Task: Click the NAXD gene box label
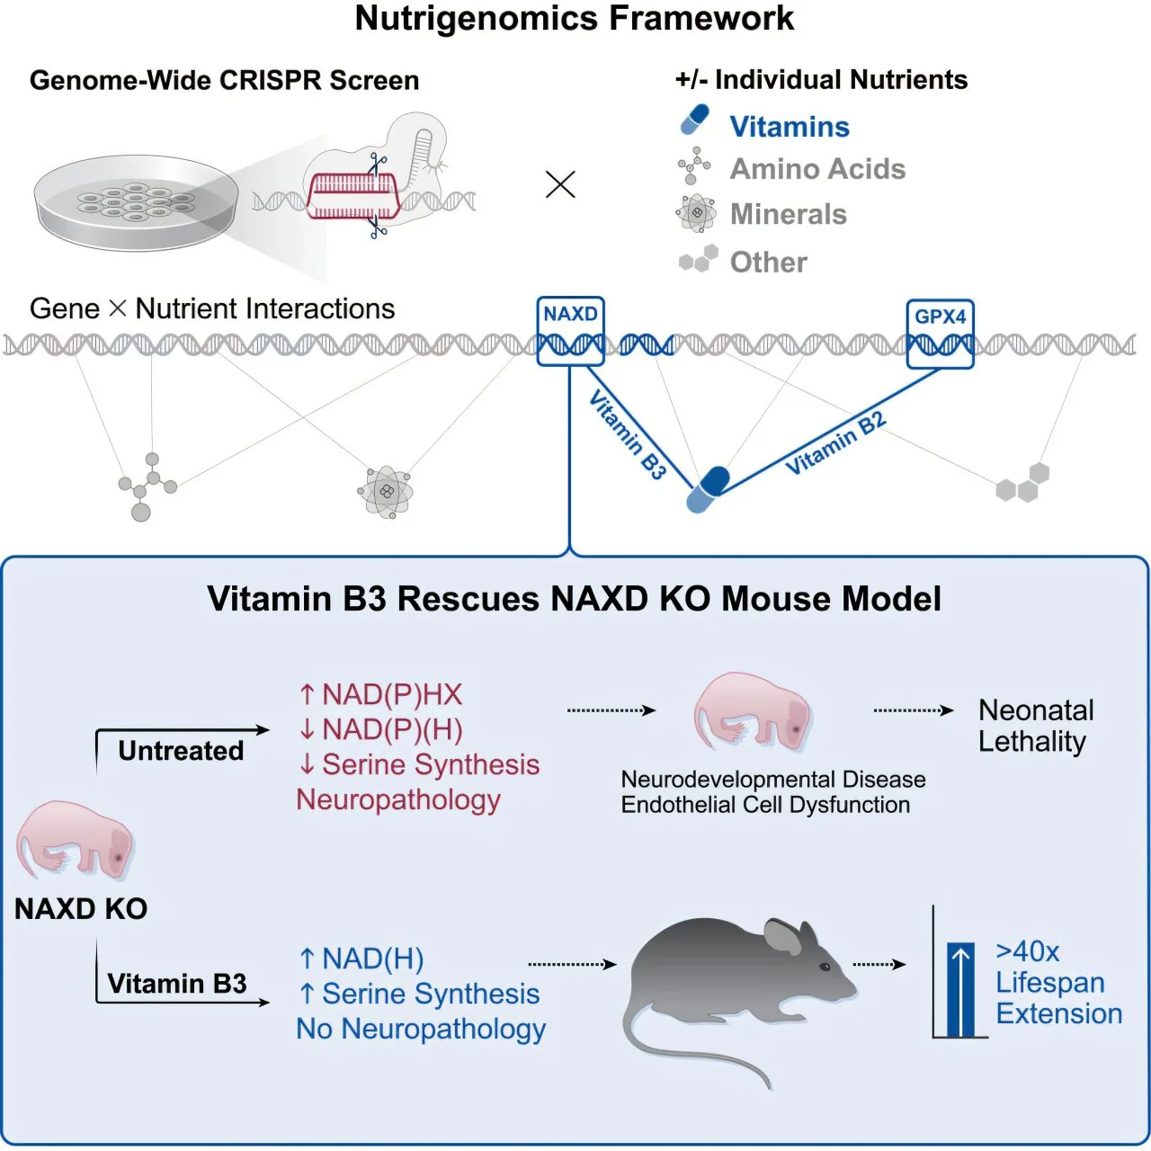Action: tap(570, 314)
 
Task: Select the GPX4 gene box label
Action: tap(940, 317)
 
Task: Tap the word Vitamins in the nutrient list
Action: tap(789, 127)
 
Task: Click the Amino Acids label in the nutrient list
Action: tap(816, 169)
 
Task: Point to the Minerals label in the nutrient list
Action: tap(788, 214)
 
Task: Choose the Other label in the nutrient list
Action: tap(768, 262)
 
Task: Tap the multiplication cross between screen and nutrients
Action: tap(560, 185)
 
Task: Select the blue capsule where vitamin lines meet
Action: tap(708, 489)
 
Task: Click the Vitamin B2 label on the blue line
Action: tap(835, 442)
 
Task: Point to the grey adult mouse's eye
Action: tap(825, 966)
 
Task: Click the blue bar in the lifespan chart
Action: tap(960, 989)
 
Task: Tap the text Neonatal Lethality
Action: tap(1035, 726)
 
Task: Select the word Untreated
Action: tap(181, 750)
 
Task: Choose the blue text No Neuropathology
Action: tap(421, 1028)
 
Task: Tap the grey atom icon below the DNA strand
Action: tap(386, 491)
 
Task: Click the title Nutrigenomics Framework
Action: tap(575, 18)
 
